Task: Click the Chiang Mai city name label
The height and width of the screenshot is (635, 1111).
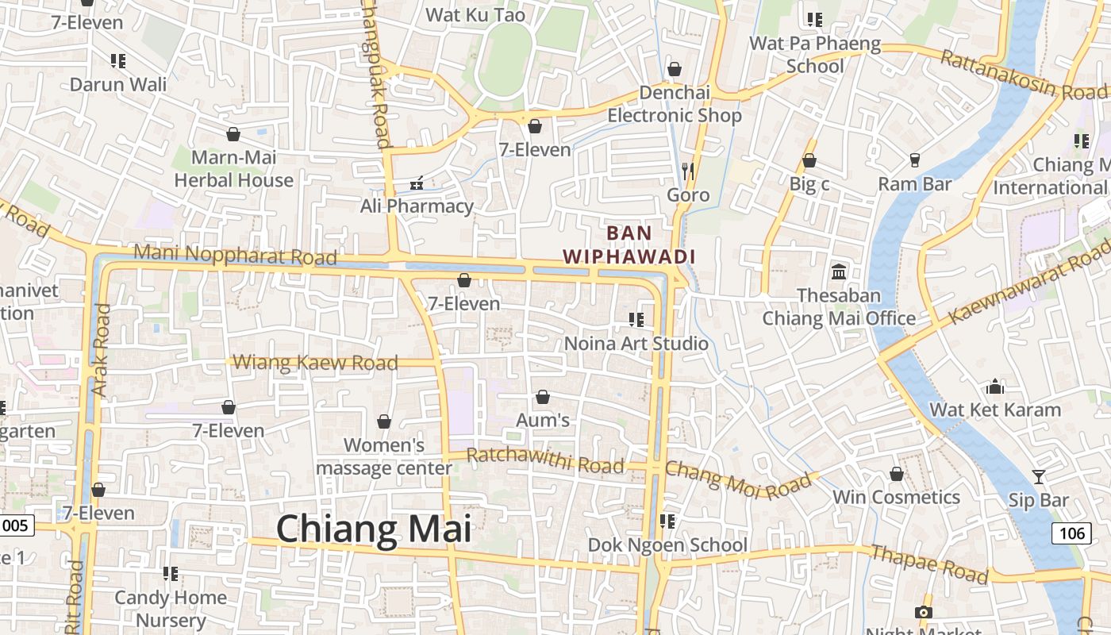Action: [374, 529]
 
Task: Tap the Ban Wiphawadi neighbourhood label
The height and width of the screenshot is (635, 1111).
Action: [629, 244]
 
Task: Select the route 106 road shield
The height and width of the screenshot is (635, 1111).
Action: [1071, 533]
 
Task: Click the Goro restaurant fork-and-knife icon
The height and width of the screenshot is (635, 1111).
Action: [688, 171]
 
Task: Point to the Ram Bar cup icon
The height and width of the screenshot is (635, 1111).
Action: [914, 160]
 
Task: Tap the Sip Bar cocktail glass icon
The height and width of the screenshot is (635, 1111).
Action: [1038, 476]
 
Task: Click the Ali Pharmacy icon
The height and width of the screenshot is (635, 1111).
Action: [416, 184]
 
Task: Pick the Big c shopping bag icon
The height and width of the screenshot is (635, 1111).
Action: [809, 161]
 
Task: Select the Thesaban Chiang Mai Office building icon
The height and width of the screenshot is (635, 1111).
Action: [839, 272]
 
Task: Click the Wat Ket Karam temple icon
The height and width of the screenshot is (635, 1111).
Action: [994, 387]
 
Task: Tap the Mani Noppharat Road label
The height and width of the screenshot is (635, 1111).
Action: [235, 255]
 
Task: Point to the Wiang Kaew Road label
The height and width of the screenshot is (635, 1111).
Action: [315, 363]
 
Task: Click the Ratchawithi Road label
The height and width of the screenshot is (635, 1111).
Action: [545, 460]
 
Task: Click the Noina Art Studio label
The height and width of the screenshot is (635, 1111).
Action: [636, 344]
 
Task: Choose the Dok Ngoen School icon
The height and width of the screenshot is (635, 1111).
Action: [667, 521]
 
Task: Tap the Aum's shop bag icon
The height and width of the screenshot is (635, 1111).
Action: [543, 396]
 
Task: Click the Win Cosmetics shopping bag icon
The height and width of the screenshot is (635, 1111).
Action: [896, 474]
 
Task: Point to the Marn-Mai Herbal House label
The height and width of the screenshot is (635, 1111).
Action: [233, 169]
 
